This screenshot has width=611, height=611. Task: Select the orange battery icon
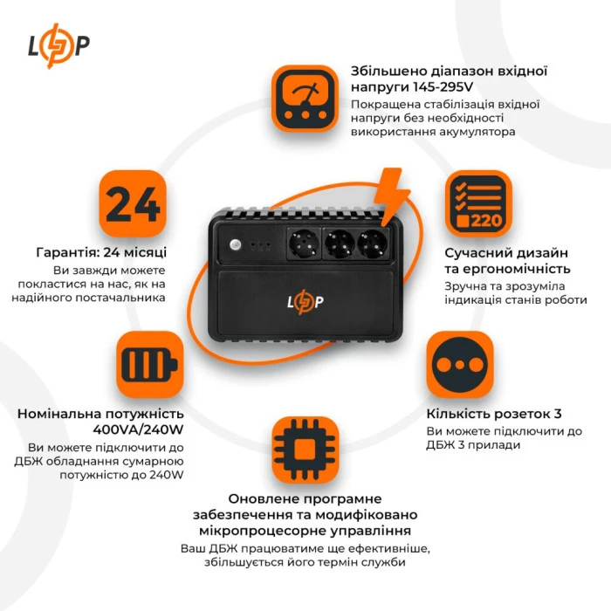(149, 364)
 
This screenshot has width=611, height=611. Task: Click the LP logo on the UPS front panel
(305, 302)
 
